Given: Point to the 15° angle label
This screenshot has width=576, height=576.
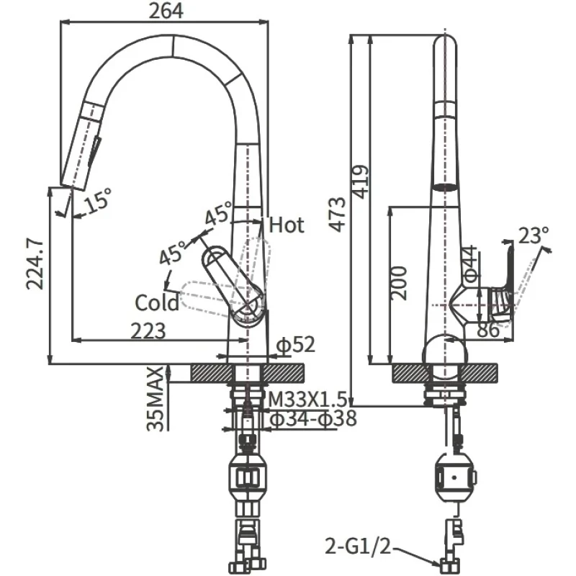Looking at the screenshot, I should [x=97, y=199].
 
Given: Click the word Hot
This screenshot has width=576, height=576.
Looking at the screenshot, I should [x=287, y=225].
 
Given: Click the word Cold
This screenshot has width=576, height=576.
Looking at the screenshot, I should [x=156, y=302].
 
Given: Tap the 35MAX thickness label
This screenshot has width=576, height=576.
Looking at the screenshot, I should [x=156, y=400].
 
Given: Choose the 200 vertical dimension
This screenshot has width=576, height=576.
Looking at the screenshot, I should [x=401, y=282].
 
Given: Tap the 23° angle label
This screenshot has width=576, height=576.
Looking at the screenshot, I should [x=534, y=235].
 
